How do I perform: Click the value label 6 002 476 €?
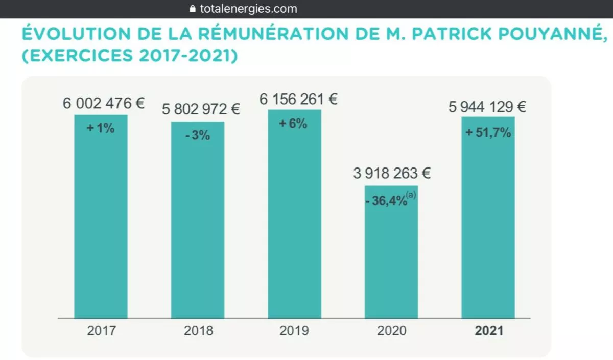104,103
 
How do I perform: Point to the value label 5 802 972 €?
201,109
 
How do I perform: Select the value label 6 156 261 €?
298,99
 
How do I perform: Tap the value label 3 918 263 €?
392,174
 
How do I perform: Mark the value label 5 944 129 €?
487,107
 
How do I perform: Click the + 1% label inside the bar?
101,129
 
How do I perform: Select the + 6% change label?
293,124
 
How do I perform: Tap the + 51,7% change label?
488,133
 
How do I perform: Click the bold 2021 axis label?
489,331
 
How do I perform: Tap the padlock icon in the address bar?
193,9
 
